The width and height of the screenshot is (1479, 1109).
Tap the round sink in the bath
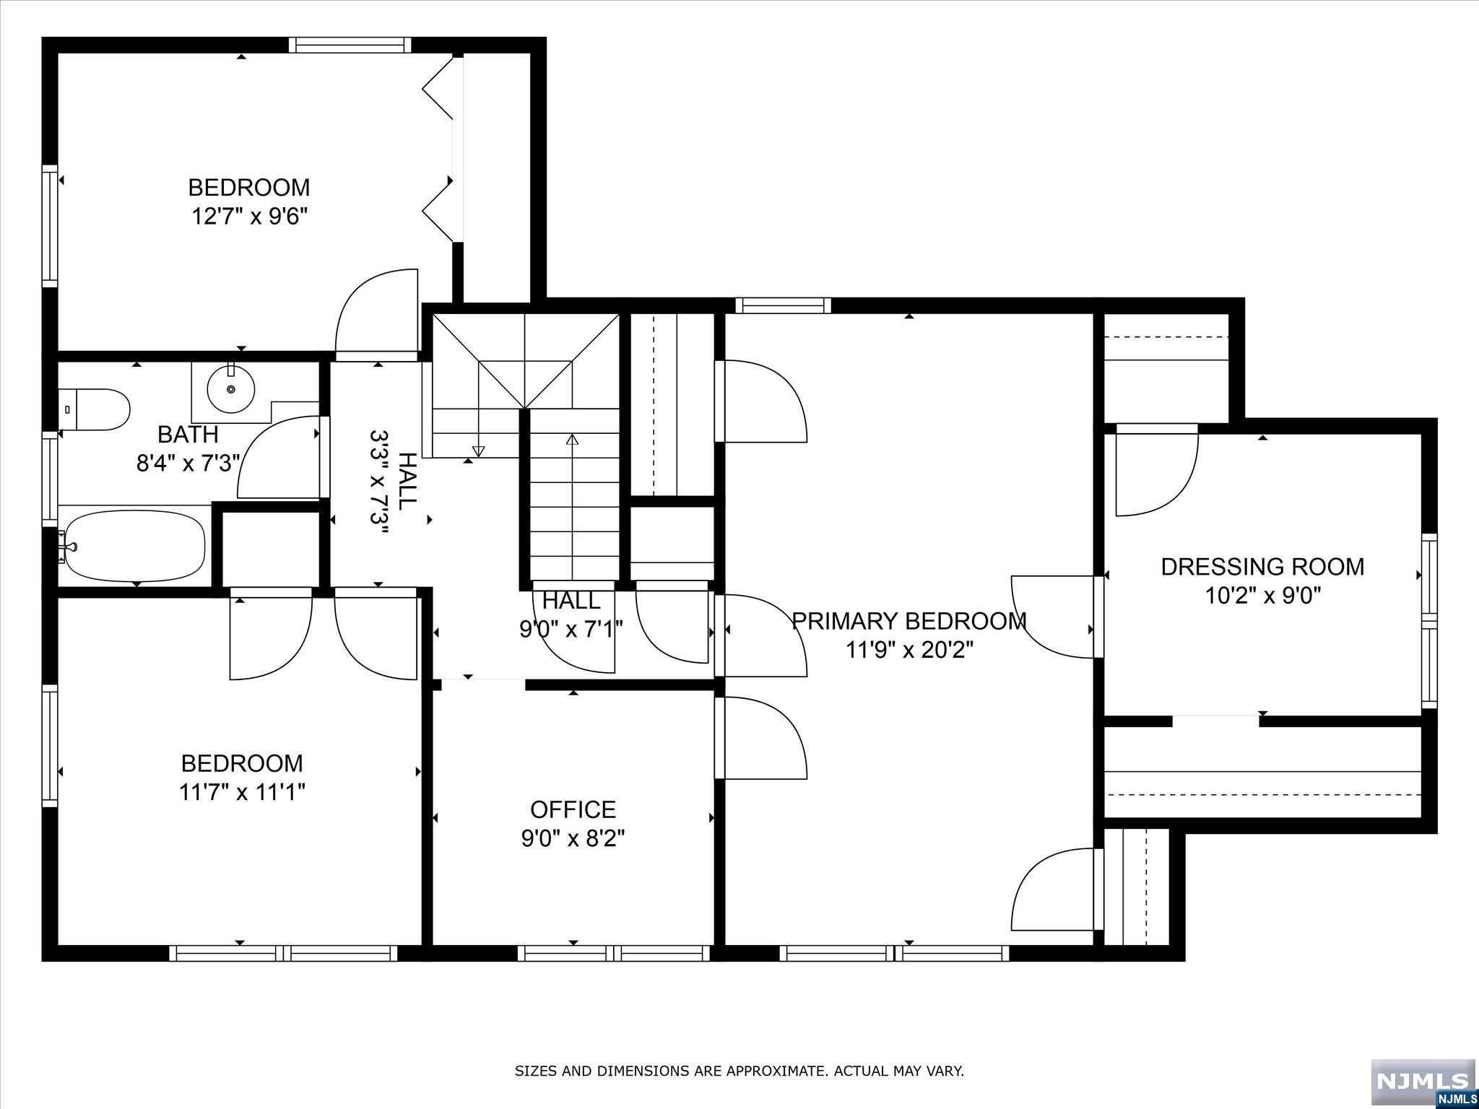(231, 389)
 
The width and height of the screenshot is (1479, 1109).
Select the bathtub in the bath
(132, 547)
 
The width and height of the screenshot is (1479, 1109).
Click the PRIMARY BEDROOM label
(909, 621)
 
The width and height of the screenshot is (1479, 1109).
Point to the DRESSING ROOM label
(1262, 567)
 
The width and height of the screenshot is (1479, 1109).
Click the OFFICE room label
(573, 809)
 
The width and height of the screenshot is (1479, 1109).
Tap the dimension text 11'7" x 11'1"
(242, 792)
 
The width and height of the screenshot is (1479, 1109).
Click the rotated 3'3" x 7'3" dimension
(381, 482)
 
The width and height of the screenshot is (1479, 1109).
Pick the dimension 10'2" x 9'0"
(1262, 596)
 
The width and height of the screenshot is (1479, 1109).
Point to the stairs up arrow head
(573, 438)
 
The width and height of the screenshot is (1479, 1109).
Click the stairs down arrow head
(478, 451)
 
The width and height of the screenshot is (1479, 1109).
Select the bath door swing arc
(260, 439)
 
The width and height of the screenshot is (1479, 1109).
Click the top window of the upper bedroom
(350, 45)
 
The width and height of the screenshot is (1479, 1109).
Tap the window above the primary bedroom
(783, 305)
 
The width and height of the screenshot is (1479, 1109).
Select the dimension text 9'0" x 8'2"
(573, 838)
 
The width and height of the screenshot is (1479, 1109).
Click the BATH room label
(188, 434)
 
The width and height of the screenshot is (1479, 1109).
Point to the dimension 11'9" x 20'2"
(909, 650)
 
